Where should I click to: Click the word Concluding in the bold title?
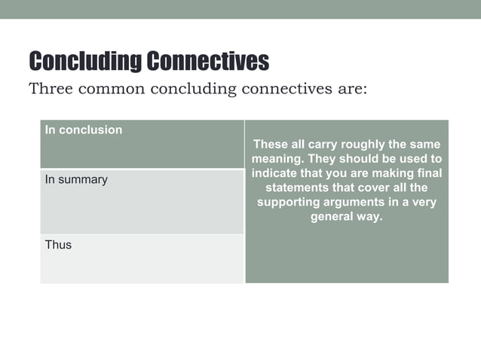(x=84, y=61)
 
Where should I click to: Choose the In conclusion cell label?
(x=83, y=130)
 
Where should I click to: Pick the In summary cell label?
(x=76, y=180)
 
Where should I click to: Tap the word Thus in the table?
(x=58, y=245)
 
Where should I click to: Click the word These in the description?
(x=270, y=144)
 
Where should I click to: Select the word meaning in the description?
(x=274, y=159)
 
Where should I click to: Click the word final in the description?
(x=427, y=173)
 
